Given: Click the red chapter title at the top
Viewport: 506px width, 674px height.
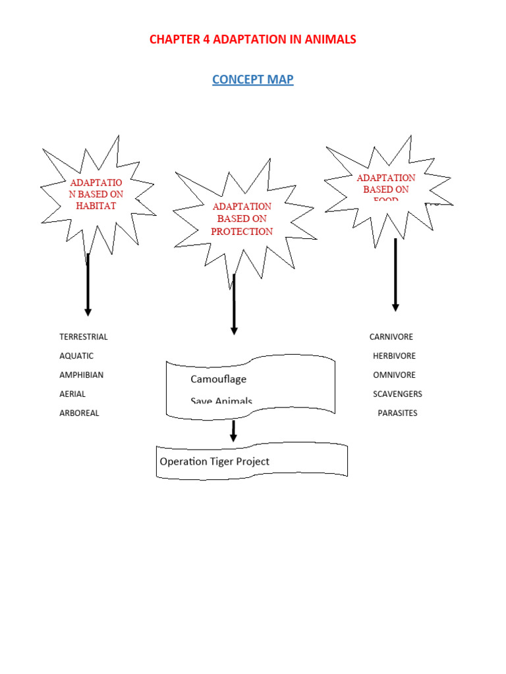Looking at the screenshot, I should point(252,39).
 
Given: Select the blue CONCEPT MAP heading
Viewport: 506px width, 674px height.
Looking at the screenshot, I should point(252,80).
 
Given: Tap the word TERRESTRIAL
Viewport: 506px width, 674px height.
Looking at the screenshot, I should point(83,337).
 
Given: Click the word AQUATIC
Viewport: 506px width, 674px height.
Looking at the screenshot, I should point(76,356).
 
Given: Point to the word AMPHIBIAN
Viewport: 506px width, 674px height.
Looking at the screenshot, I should point(81,375).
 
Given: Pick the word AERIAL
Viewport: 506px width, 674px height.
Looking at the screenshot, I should point(72,394).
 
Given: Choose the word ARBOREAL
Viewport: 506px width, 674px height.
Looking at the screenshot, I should point(79,413).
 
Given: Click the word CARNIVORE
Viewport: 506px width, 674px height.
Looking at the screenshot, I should point(391,337).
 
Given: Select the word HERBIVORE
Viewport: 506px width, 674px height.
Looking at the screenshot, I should point(394,356).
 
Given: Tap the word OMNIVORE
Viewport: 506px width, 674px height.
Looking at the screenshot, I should point(394,375).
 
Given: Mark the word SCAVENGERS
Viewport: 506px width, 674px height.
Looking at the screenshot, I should point(397,394).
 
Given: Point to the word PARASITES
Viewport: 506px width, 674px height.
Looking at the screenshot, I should point(397,413).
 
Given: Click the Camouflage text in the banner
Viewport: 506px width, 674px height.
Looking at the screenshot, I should point(218,379).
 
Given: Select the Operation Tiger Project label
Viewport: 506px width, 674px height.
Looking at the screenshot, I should point(214,461).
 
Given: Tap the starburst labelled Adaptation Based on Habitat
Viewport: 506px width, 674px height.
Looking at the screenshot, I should point(96,194).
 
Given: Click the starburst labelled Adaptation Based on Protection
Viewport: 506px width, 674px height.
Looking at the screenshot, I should point(242,219).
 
